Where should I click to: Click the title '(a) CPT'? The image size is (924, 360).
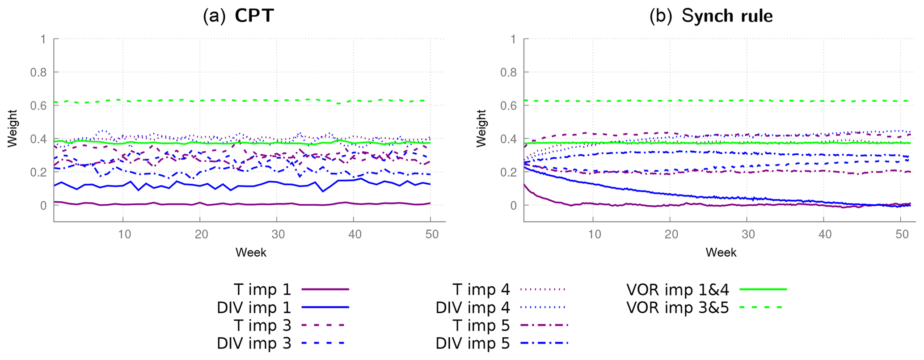click(x=238, y=16)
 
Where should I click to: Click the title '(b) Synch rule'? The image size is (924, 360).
click(x=711, y=16)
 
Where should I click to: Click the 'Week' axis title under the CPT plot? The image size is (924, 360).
click(x=251, y=253)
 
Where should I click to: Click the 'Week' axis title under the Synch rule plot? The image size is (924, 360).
click(x=721, y=253)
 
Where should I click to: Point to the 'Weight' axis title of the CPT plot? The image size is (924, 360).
click(x=12, y=128)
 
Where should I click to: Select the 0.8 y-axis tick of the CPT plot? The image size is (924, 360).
click(x=38, y=72)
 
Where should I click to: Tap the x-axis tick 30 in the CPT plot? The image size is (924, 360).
click(x=278, y=234)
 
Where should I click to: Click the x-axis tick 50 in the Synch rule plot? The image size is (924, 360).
click(x=903, y=234)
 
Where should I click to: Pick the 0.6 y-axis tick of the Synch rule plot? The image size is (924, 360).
click(x=508, y=106)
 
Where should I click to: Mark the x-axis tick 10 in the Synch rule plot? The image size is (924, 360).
click(x=594, y=234)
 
